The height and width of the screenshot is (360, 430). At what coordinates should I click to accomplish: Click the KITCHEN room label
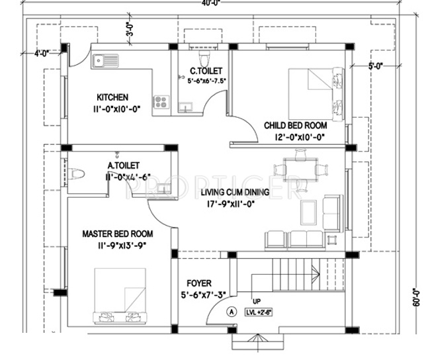click(x=112, y=97)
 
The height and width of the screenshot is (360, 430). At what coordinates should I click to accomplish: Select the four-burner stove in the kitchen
click(x=160, y=101)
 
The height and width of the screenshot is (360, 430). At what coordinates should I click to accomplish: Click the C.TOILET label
click(x=206, y=70)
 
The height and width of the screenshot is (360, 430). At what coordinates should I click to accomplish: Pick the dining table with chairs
click(x=301, y=167)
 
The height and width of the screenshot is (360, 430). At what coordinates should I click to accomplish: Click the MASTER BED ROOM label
click(x=118, y=234)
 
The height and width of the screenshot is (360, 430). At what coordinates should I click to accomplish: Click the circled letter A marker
click(x=231, y=310)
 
